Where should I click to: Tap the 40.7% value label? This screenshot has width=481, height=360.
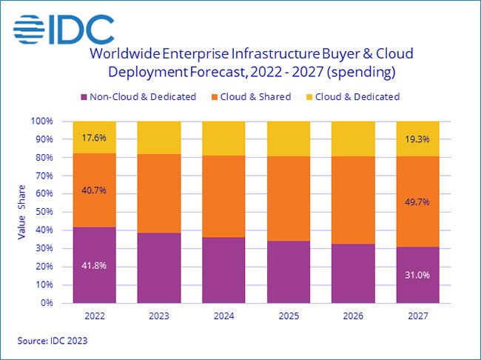click(x=94, y=190)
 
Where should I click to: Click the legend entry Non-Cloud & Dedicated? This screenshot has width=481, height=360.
click(x=138, y=96)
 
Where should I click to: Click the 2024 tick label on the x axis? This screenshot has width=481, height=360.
click(x=224, y=315)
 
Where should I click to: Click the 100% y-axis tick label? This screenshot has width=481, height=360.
click(x=42, y=121)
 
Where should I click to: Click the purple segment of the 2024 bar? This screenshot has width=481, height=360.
click(x=224, y=270)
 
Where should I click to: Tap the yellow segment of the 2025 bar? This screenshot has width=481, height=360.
click(x=289, y=139)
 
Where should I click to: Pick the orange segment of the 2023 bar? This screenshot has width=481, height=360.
click(x=159, y=193)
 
